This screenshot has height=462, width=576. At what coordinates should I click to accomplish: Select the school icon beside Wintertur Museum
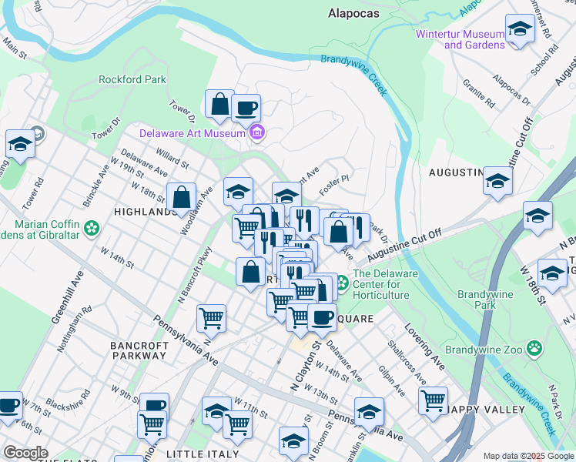520,31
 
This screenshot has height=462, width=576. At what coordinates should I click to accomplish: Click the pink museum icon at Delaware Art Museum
257,134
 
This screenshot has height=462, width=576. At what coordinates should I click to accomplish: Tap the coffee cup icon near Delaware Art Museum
246,109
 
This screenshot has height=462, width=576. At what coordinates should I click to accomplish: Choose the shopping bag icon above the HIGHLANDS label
183,197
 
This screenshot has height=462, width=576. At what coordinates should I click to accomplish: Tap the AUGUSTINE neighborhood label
455,172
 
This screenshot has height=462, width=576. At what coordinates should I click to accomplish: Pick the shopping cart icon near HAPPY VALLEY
434,400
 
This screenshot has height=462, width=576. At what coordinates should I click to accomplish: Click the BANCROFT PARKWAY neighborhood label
139,351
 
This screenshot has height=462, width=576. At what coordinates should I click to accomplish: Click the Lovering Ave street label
434,351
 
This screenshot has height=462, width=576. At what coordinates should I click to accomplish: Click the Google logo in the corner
26,453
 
